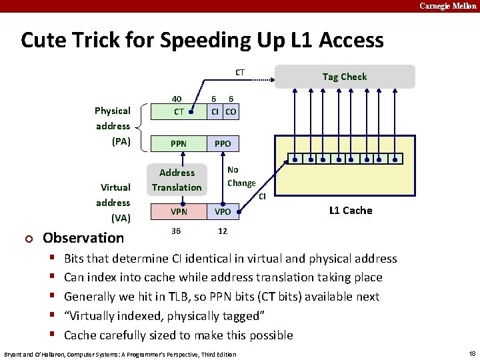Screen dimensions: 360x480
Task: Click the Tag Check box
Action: point(344,77)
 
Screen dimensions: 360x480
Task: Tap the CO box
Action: point(231,111)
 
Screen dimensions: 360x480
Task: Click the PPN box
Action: point(178,143)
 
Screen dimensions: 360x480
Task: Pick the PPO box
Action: point(222,143)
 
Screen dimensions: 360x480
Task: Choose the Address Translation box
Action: point(177,180)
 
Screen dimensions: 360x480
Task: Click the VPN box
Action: point(178,211)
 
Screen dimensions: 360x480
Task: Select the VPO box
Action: point(222,211)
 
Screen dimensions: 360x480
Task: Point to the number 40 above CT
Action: point(177,98)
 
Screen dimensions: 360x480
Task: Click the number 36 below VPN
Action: point(176,231)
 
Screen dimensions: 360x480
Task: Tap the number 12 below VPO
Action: point(222,231)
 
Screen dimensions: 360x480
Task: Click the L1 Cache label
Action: point(351,211)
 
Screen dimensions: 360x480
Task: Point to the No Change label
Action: point(241,177)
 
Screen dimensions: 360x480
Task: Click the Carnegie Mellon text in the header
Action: point(447,5)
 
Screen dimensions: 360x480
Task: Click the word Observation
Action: point(83,238)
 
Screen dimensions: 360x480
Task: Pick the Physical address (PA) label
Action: point(113,126)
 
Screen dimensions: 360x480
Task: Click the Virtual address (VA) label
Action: point(113,203)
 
